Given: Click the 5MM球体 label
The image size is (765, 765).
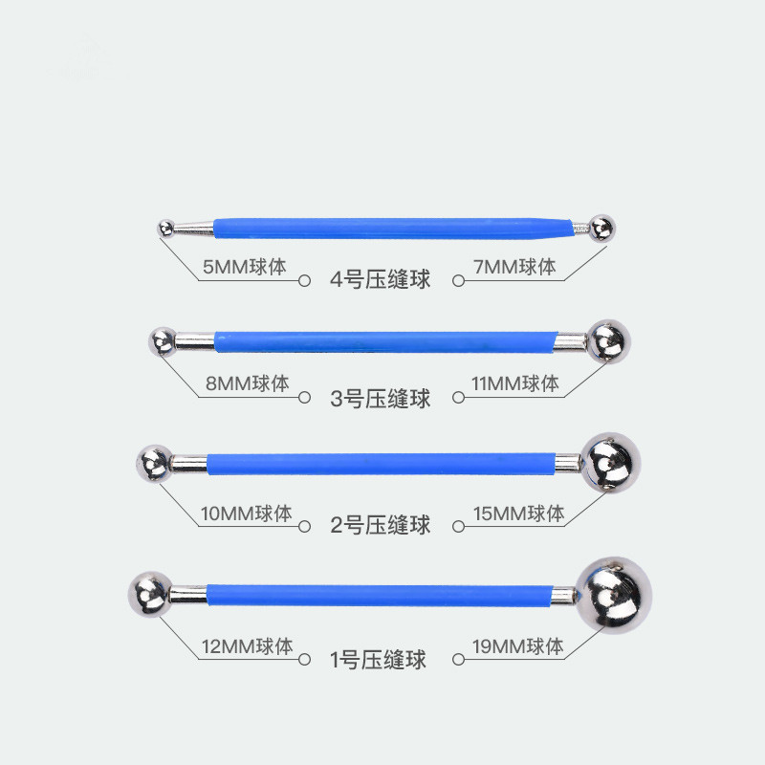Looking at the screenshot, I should (244, 267).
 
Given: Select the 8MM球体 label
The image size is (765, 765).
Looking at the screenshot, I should (246, 384).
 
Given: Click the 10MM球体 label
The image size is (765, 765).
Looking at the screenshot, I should (247, 514).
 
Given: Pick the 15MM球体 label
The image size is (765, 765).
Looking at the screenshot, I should (517, 514).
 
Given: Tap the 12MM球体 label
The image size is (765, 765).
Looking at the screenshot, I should (247, 647).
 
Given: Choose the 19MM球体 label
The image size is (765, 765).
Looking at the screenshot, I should (517, 647).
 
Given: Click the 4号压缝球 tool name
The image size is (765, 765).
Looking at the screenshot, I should (380, 280).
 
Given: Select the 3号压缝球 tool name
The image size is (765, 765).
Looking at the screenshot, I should (380, 398).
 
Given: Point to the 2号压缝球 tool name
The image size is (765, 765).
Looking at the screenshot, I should (380, 526).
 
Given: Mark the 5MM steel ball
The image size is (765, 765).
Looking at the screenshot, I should (164, 227).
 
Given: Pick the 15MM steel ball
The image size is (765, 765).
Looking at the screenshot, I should (609, 464).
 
